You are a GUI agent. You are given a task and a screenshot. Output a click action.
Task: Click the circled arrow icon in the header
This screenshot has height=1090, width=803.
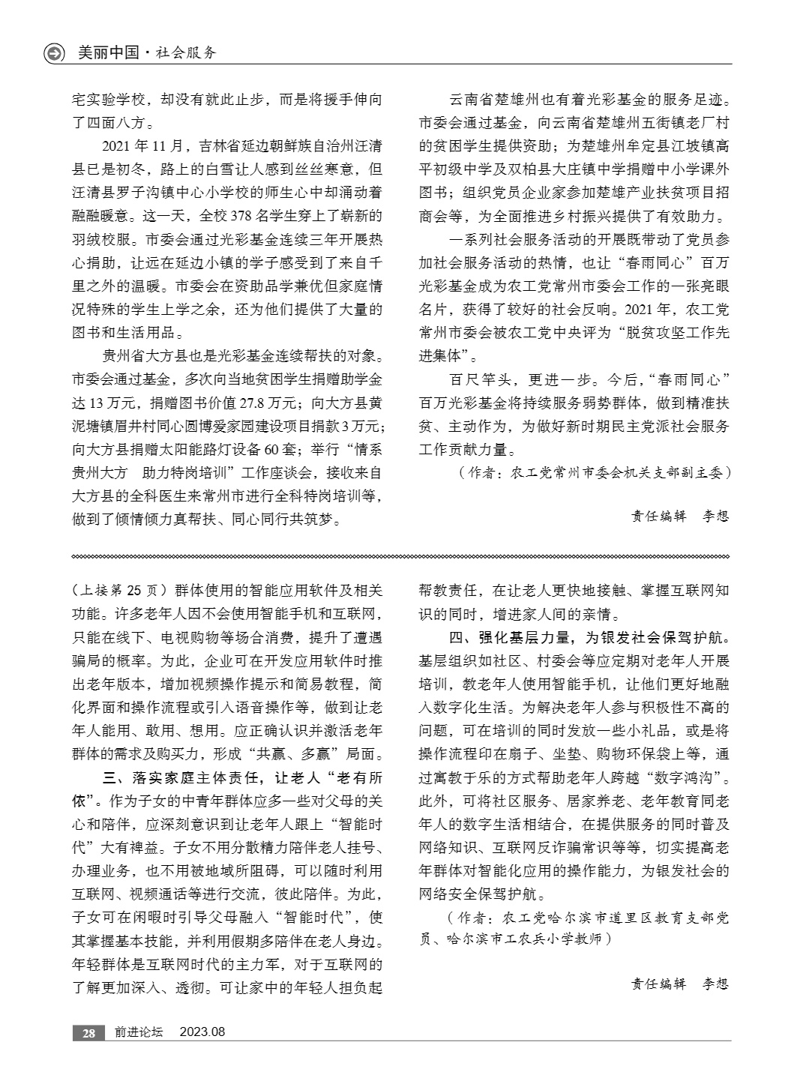55,53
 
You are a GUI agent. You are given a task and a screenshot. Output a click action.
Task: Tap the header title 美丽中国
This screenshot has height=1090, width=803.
108,53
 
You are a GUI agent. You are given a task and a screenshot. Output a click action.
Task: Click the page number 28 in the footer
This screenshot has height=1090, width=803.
88,1032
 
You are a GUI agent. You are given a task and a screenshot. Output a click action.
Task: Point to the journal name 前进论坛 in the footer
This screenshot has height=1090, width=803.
139,1032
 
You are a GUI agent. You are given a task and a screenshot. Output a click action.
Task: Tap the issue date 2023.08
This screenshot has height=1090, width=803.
202,1032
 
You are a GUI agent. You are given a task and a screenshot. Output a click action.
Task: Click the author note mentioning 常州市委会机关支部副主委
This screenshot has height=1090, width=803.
592,473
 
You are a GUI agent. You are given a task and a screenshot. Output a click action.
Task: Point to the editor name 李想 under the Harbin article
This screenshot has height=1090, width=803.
715,984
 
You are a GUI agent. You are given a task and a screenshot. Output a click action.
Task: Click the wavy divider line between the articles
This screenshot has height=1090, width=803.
401,556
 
